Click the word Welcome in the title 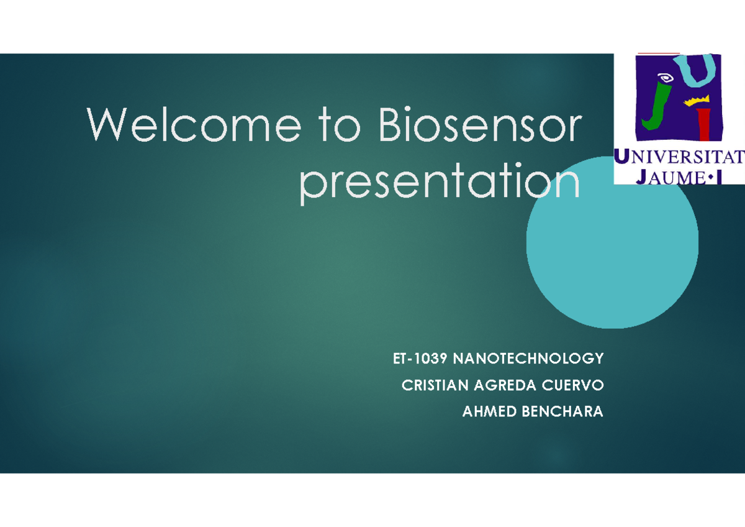194,124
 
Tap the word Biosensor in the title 481,124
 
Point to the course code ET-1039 420,359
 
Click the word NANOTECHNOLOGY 528,359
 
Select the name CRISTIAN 435,385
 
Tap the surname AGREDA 505,385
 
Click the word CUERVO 572,385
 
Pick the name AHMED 489,411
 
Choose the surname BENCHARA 562,411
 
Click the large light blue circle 612,253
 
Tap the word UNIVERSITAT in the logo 679,157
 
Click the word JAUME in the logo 670,177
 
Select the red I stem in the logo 705,124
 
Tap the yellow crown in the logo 697,101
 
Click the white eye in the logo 665,78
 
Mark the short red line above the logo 659,53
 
